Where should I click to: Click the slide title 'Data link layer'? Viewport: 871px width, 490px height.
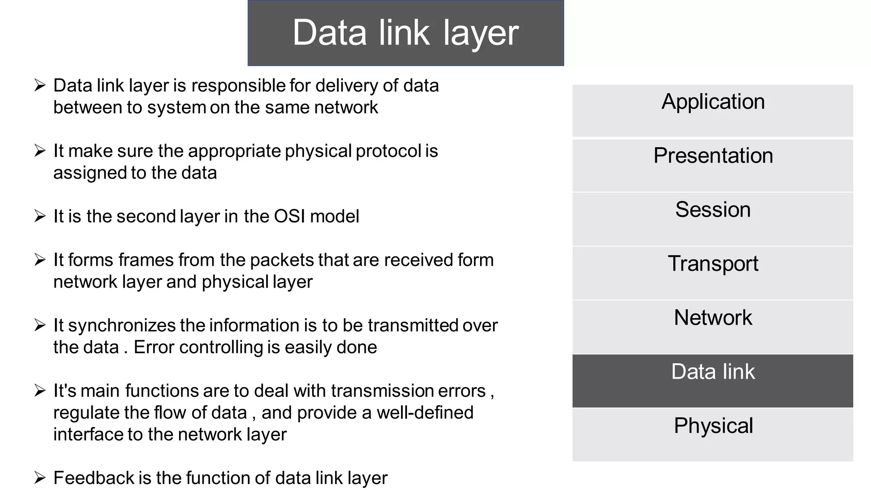coord(405,33)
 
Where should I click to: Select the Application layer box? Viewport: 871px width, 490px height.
coord(713,110)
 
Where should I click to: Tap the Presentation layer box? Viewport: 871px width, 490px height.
coord(713,165)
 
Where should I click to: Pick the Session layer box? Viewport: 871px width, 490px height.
coord(713,219)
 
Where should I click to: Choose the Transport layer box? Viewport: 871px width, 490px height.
coord(713,273)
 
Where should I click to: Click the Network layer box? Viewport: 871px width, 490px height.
coord(713,327)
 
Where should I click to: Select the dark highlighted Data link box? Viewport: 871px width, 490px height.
coord(713,381)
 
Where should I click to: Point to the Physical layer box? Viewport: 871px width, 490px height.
coord(713,434)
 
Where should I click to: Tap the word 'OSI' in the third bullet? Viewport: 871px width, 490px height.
coord(290,216)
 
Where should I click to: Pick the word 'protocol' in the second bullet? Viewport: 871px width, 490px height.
coord(389,151)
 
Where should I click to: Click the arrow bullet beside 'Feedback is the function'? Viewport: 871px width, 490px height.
coord(40,478)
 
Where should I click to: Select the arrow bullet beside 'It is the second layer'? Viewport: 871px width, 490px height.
coord(40,216)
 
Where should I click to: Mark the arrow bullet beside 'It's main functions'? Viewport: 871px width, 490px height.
coord(40,390)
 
